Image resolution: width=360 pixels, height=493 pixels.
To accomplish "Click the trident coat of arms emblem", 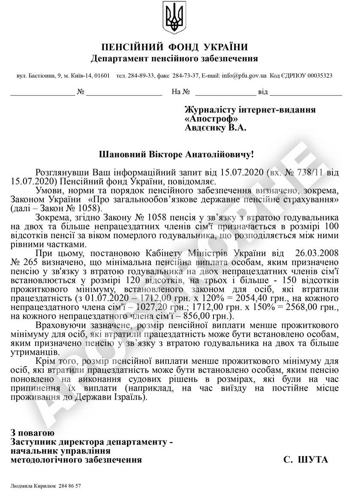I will tap(174, 18).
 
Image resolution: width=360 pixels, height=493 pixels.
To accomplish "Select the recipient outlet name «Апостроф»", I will tap(211, 119).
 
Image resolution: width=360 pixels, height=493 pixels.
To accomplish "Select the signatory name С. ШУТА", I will tap(306, 460).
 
